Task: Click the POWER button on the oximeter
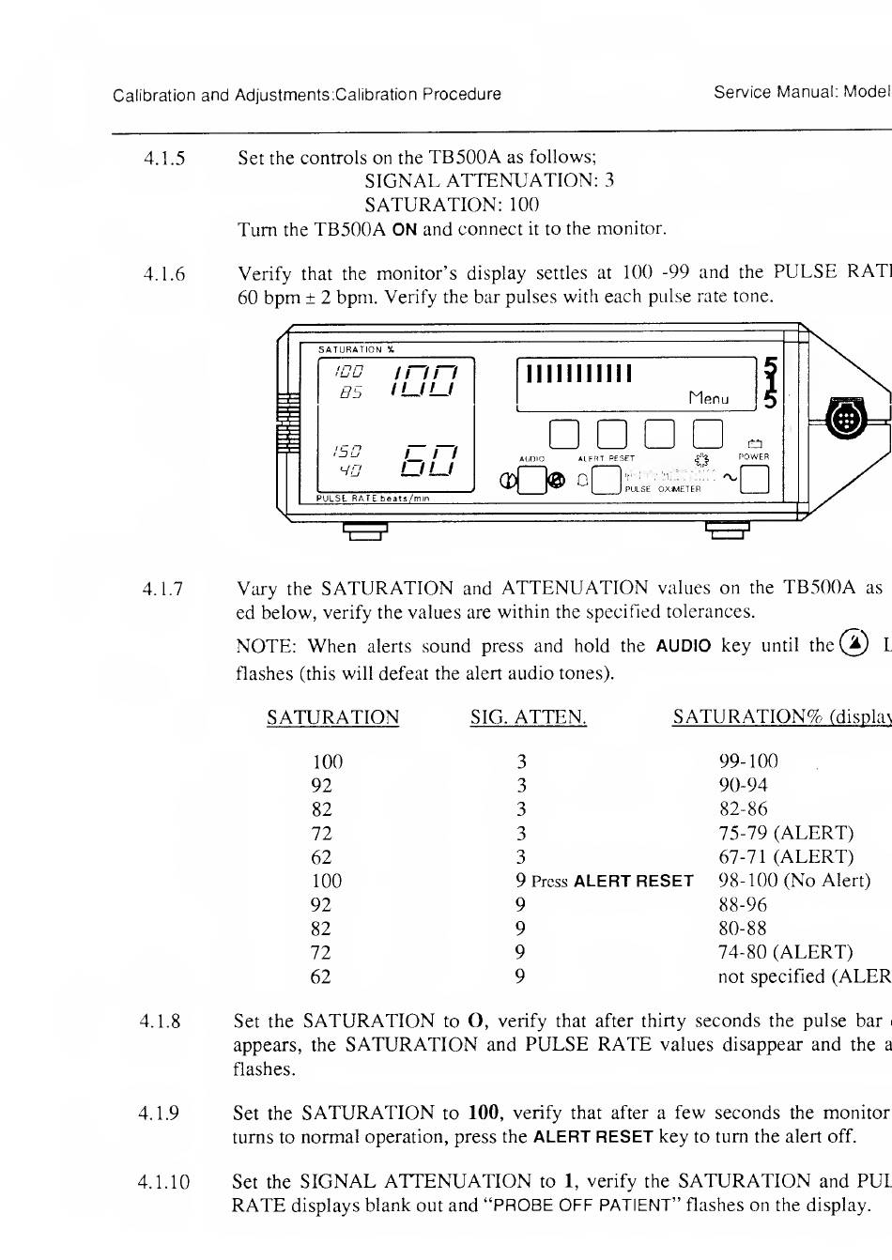click(x=754, y=480)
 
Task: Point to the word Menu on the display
click(x=708, y=398)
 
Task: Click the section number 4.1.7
click(x=163, y=590)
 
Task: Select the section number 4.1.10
click(x=164, y=1182)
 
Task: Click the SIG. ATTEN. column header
click(x=529, y=718)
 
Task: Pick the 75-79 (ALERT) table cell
click(x=786, y=833)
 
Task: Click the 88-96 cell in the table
click(x=742, y=905)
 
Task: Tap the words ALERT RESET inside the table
click(x=633, y=882)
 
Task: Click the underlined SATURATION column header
click(x=332, y=718)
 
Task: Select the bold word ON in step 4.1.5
click(x=404, y=229)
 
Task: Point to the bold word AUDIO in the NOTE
click(x=683, y=646)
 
